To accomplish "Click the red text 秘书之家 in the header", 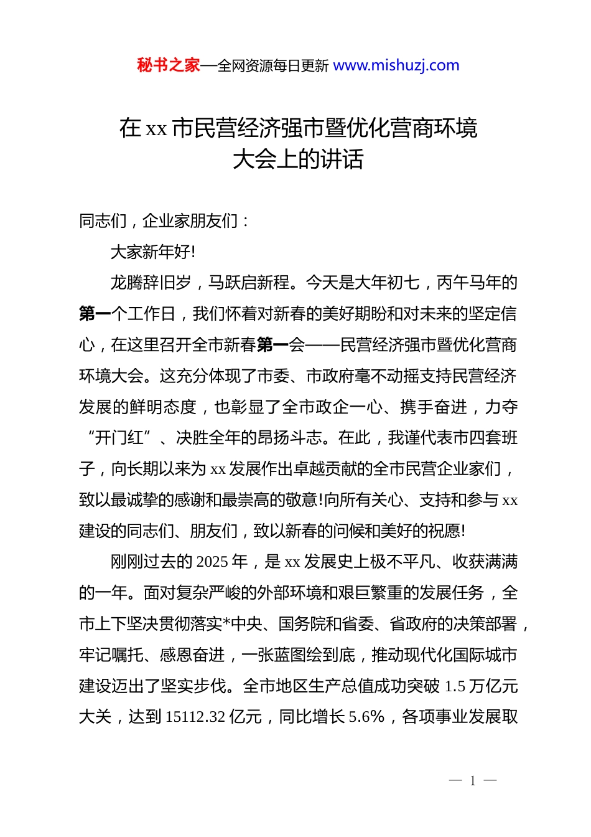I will pyautogui.click(x=169, y=65).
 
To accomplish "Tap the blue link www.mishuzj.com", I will pyautogui.click(x=396, y=65).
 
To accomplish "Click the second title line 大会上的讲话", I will pyautogui.click(x=298, y=159).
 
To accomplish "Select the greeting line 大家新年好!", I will pyautogui.click(x=152, y=252).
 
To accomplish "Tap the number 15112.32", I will pyautogui.click(x=195, y=717).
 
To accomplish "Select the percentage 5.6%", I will pyautogui.click(x=366, y=717).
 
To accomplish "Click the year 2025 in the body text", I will pyautogui.click(x=212, y=562).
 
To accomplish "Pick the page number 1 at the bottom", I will pyautogui.click(x=473, y=781).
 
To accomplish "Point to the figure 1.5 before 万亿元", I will pyautogui.click(x=455, y=686).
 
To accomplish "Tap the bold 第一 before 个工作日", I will pyautogui.click(x=95, y=314).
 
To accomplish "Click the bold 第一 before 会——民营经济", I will pyautogui.click(x=272, y=345).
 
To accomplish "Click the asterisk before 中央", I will pyautogui.click(x=226, y=624).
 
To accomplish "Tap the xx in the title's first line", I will pyautogui.click(x=156, y=129).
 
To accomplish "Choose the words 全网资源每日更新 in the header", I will pyautogui.click(x=273, y=66).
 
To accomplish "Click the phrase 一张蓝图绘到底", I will pyautogui.click(x=298, y=655).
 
